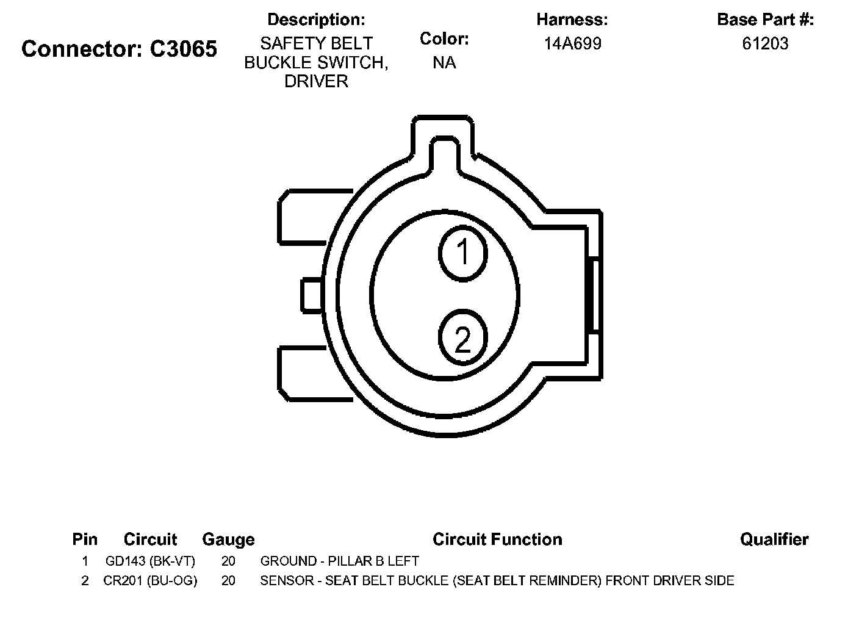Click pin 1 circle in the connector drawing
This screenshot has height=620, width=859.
pyautogui.click(x=463, y=253)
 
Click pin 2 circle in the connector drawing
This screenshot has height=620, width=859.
pyautogui.click(x=463, y=337)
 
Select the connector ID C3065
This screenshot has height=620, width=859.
pyautogui.click(x=183, y=49)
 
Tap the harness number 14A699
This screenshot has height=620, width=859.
pyautogui.click(x=572, y=43)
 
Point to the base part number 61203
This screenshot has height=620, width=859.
pyautogui.click(x=765, y=43)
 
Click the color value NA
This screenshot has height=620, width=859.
pyautogui.click(x=444, y=62)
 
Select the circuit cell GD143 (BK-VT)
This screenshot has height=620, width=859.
pyautogui.click(x=150, y=561)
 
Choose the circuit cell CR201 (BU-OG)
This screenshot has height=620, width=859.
pyautogui.click(x=150, y=580)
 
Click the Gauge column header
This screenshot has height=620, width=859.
pyautogui.click(x=228, y=540)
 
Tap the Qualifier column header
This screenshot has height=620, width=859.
pyautogui.click(x=774, y=539)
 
